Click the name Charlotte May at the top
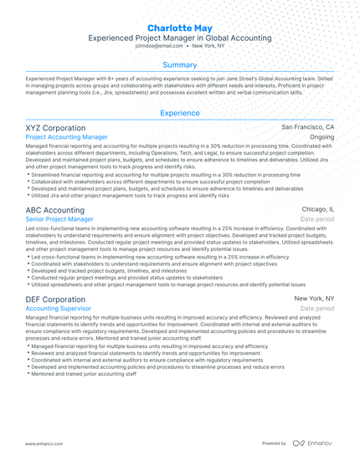[180, 28]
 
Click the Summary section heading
[180, 64]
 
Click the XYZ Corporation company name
[55, 127]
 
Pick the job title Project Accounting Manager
[66, 136]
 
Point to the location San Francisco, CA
[307, 127]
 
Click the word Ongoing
[321, 136]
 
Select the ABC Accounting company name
[54, 209]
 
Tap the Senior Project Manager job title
[59, 218]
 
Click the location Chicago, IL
[317, 209]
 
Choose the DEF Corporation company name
[55, 299]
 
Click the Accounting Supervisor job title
[59, 308]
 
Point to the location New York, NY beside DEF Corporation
[314, 299]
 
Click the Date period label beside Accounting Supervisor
[317, 308]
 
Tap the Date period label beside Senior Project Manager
[317, 218]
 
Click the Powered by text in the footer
[274, 443]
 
